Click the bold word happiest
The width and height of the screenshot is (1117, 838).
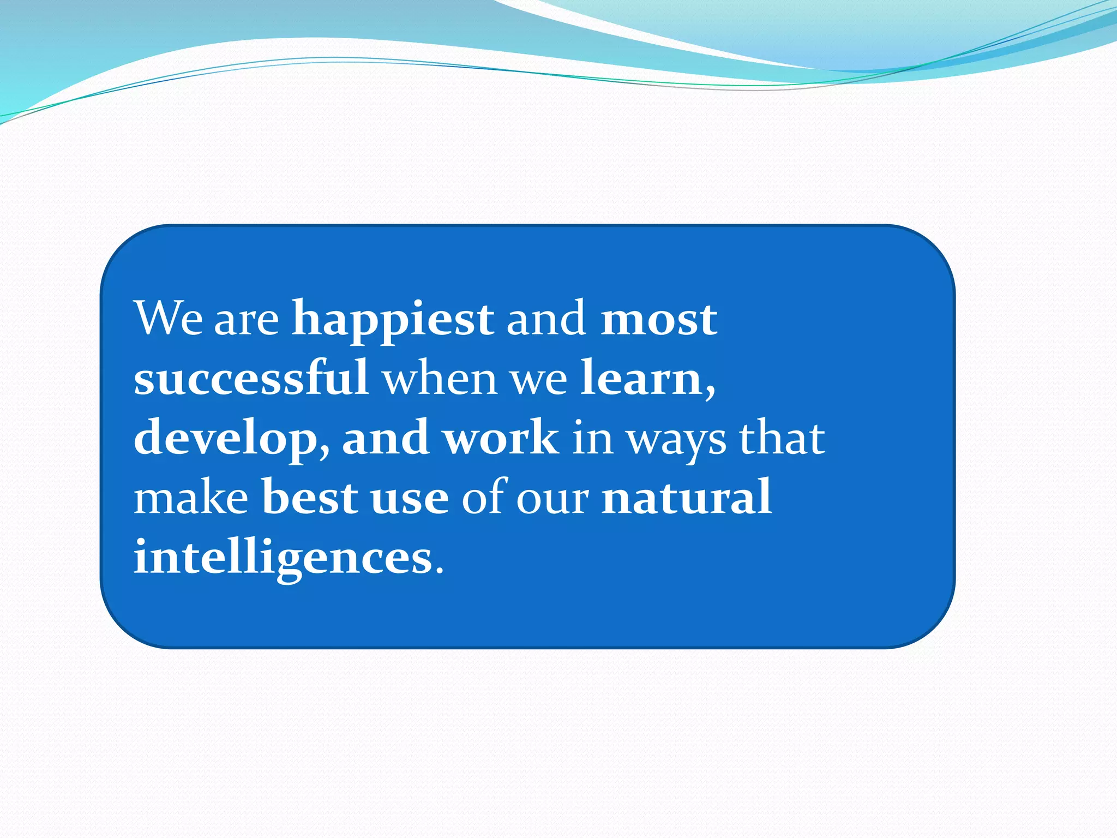pyautogui.click(x=392, y=320)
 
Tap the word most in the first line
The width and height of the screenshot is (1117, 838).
pyautogui.click(x=658, y=320)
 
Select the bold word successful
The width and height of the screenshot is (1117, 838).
pyautogui.click(x=251, y=378)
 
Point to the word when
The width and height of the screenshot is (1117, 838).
pyautogui.click(x=440, y=378)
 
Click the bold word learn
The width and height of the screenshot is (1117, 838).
pyautogui.click(x=641, y=378)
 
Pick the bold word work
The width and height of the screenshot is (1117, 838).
pyautogui.click(x=501, y=438)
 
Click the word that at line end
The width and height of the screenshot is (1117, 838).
pyautogui.click(x=782, y=438)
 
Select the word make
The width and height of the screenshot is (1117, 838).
pyautogui.click(x=191, y=498)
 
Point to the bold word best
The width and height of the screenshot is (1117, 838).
pyautogui.click(x=310, y=498)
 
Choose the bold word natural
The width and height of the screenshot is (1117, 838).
pyautogui.click(x=686, y=497)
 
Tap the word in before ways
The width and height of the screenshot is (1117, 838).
pyautogui.click(x=592, y=438)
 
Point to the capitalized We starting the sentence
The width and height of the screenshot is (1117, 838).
pyautogui.click(x=169, y=319)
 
